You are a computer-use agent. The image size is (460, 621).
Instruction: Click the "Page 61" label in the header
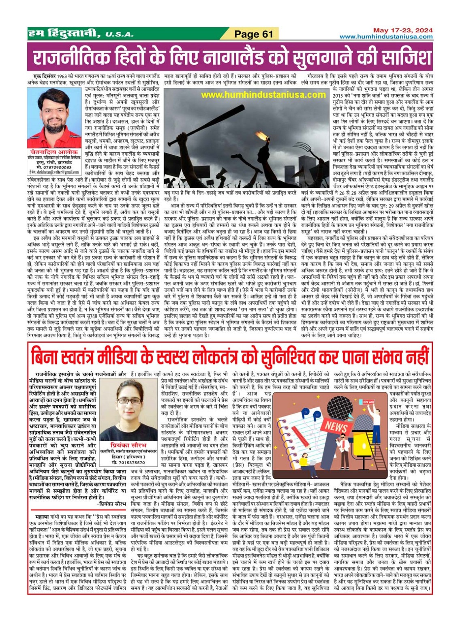coord(254,34)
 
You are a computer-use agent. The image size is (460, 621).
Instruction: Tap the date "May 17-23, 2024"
coord(402,30)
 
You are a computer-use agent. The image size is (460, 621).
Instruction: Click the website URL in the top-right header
coord(386,37)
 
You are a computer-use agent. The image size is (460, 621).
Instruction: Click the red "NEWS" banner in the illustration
coord(336,426)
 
